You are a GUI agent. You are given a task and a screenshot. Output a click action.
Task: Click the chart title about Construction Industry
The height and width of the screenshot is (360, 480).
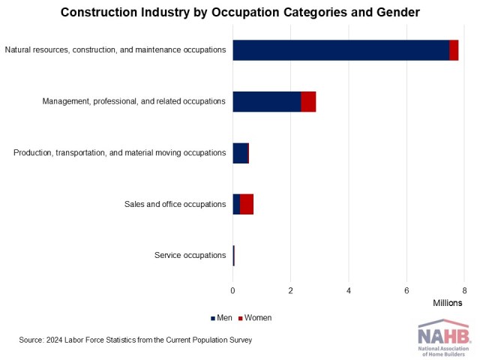tap(240, 13)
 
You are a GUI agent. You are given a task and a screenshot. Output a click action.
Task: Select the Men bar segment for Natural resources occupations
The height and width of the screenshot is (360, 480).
tap(340, 50)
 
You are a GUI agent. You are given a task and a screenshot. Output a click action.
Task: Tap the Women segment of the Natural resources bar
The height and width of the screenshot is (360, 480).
tap(454, 50)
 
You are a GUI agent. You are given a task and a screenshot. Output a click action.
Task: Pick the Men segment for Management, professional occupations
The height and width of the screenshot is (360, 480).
tap(267, 101)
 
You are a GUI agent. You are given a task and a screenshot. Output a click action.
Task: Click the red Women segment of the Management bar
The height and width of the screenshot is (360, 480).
tap(308, 101)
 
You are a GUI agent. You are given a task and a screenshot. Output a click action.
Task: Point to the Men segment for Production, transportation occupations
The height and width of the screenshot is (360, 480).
tap(240, 153)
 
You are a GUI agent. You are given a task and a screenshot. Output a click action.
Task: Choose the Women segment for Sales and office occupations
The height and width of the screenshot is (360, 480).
tap(247, 204)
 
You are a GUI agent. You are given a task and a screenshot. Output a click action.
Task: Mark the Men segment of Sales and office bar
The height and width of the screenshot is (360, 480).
tap(236, 204)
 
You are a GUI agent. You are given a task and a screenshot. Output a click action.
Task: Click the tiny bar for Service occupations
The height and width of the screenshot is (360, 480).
tap(234, 255)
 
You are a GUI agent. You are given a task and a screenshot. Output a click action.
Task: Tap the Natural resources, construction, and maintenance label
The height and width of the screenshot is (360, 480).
tap(115, 50)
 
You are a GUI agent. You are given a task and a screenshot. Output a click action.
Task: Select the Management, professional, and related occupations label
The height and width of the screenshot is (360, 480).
tap(134, 101)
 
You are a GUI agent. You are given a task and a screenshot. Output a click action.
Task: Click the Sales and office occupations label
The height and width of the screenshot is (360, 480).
tap(175, 204)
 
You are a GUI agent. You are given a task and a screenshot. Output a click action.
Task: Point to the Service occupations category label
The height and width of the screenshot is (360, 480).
tap(190, 255)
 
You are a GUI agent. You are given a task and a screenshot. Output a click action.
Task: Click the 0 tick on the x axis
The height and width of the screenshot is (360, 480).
tap(232, 289)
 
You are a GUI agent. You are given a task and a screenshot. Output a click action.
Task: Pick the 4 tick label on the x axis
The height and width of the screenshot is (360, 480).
tap(349, 289)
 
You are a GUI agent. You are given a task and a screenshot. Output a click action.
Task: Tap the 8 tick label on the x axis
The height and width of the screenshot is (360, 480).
tap(464, 289)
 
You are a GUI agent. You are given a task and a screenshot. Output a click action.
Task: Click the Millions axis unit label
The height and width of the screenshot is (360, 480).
tap(448, 302)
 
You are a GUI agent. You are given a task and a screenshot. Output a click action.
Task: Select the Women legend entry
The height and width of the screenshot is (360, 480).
tap(255, 318)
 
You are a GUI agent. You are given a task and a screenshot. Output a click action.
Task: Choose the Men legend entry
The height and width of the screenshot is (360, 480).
tap(222, 318)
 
